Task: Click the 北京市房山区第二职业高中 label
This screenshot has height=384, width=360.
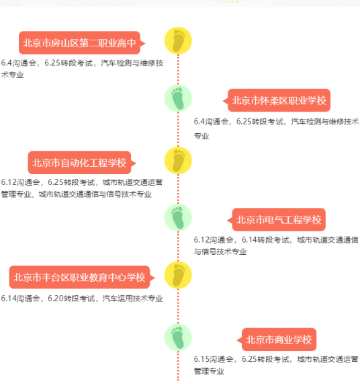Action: pyautogui.click(x=79, y=43)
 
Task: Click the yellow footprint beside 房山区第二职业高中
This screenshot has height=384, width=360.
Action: pyautogui.click(x=178, y=40)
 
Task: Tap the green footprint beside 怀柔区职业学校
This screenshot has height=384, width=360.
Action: pyautogui.click(x=178, y=98)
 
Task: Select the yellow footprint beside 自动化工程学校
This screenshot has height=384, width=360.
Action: pyautogui.click(x=178, y=161)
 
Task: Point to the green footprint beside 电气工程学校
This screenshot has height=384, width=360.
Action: pyautogui.click(x=178, y=217)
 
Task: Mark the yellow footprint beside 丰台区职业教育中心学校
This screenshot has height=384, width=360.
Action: pyautogui.click(x=178, y=275)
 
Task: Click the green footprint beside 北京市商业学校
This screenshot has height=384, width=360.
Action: pyautogui.click(x=178, y=337)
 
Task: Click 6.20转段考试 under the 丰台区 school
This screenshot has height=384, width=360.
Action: pyautogui.click(x=71, y=299)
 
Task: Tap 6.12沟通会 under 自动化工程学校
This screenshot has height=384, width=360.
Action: pyautogui.click(x=21, y=182)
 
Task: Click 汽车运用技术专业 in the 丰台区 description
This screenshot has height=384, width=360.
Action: pyautogui.click(x=133, y=299)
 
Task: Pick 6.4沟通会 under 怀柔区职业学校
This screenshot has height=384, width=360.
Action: pyautogui.click(x=211, y=122)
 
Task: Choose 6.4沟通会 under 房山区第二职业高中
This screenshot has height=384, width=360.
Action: pyautogui.click(x=19, y=63)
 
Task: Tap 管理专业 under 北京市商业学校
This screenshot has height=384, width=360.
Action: pyautogui.click(x=209, y=371)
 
